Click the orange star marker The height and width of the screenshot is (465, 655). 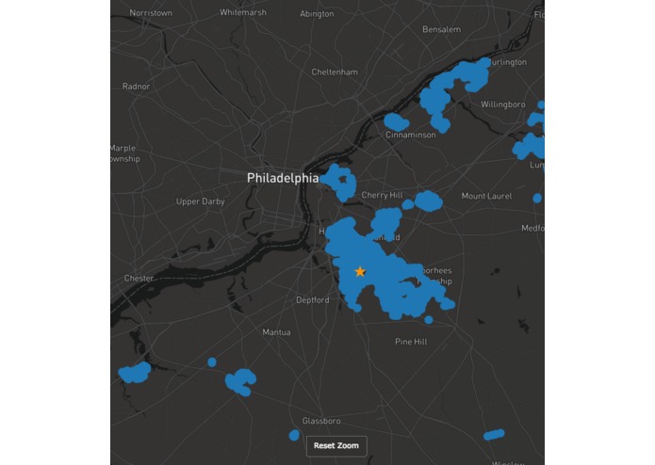360,271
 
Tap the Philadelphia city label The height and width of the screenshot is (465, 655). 282,178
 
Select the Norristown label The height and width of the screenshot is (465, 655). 151,13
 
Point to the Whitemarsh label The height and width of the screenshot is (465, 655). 243,13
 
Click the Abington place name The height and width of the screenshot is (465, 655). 317,14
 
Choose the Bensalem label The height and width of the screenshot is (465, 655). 442,29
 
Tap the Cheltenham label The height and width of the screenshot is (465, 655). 335,72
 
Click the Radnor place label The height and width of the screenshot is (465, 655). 136,86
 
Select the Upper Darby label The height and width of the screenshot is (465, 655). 201,201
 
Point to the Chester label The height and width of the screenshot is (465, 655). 139,278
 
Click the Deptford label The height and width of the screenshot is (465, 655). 313,300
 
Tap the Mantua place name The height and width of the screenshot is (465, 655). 276,332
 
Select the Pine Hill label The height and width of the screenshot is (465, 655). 411,342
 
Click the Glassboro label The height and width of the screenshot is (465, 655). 321,421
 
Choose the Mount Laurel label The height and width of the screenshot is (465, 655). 485,196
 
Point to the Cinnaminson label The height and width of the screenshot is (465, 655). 411,135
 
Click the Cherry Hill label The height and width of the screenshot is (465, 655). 382,196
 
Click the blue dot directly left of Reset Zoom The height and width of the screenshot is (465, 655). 294,435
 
